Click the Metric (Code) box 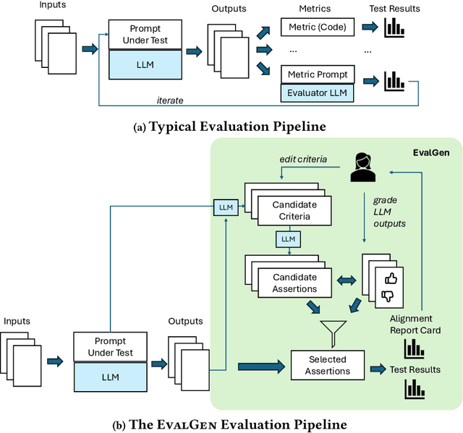(x=316, y=28)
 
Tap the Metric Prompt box (x=316, y=74)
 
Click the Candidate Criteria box (x=294, y=210)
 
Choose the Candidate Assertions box (x=294, y=283)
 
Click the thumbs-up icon (x=391, y=278)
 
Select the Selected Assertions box (x=327, y=365)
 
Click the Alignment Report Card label (x=410, y=324)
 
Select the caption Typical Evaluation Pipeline (x=231, y=127)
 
